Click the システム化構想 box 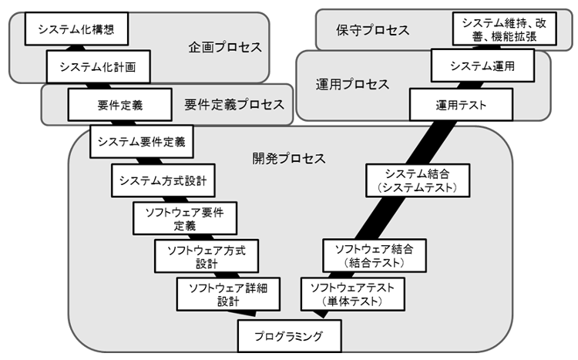coord(75,32)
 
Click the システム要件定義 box coord(142,142)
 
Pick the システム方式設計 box coord(162,180)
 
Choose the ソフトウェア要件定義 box coord(184,218)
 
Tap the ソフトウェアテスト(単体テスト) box coord(351,294)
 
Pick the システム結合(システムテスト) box coord(417,180)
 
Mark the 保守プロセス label coord(373,30)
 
